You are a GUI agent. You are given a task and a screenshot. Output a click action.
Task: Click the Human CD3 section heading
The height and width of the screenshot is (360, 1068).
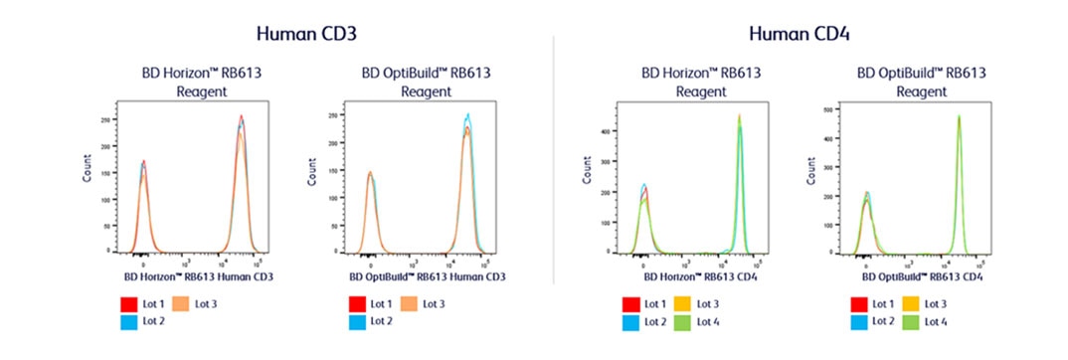(306, 33)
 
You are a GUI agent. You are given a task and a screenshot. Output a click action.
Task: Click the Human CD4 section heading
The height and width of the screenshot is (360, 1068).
(799, 33)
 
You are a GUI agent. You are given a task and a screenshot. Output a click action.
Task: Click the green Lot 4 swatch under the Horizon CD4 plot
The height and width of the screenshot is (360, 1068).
(683, 321)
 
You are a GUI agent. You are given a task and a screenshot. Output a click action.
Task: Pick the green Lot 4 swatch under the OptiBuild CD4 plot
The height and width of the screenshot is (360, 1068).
(911, 321)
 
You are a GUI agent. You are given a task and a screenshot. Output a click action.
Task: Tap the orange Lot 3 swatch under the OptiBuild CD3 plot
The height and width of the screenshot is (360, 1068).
(409, 303)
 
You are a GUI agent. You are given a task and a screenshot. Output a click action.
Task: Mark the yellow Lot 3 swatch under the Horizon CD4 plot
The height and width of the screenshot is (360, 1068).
(683, 303)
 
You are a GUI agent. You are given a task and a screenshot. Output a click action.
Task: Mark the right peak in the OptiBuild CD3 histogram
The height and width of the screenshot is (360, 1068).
(467, 124)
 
